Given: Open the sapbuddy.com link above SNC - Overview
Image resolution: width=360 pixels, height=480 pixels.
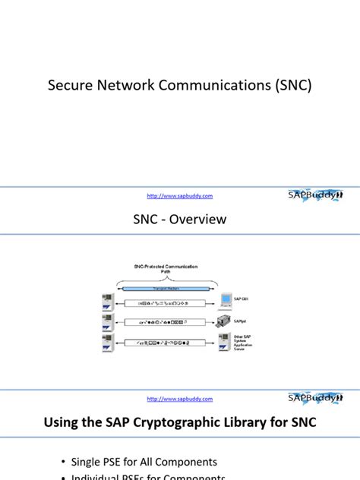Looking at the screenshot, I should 179,195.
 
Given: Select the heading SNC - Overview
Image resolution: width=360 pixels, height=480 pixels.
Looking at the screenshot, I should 180,219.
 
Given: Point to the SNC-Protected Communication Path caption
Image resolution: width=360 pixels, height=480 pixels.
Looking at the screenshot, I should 165,269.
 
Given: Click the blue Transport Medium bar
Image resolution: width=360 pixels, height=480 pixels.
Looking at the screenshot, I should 165,289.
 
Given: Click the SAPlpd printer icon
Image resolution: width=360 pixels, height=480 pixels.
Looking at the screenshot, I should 226,322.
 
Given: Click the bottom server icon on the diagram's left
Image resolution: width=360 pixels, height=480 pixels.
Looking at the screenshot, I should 107,344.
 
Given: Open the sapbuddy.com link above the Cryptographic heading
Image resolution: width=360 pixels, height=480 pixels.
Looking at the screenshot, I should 179,398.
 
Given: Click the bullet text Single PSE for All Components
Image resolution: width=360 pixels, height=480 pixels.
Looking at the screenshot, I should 144,462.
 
